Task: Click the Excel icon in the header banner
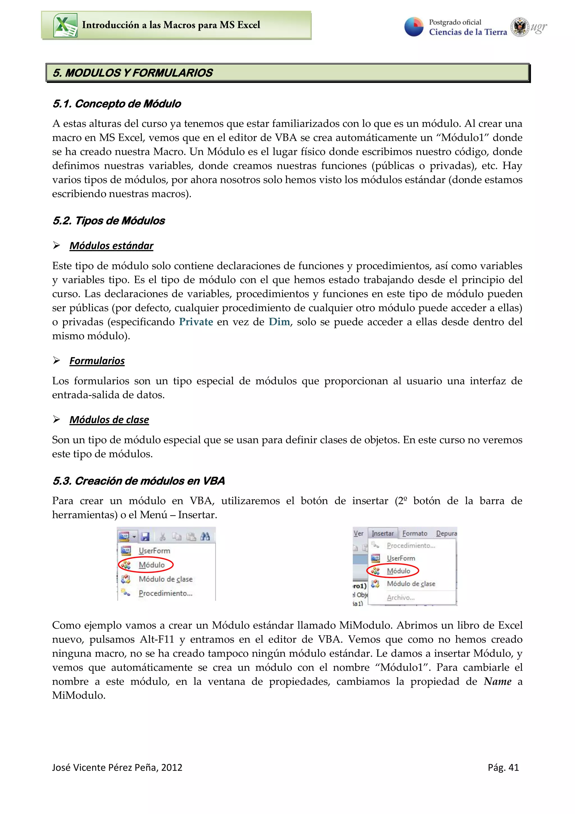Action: coord(65,25)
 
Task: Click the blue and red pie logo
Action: coord(414,27)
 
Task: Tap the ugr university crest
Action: coord(519,27)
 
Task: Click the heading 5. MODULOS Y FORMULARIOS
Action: coord(133,73)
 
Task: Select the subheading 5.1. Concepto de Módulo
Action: coord(117,104)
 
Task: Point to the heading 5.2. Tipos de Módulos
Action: coord(108,221)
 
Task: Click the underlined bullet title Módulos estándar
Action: coord(111,246)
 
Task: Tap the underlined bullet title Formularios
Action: coord(97,361)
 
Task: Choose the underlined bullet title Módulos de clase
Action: coord(109,420)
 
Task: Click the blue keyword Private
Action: coord(196,322)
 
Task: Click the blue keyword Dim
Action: coord(279,322)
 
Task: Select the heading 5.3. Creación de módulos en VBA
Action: coord(138,481)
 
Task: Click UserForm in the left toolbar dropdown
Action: coord(154,551)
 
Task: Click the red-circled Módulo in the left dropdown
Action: coord(152,565)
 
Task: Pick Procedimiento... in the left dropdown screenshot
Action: coord(165,593)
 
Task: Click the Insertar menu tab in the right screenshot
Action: coord(383,533)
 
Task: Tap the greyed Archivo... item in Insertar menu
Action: coord(400,598)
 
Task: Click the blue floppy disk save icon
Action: coord(145,536)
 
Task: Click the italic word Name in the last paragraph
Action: coord(498,681)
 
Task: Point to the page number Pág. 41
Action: coord(503,768)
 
